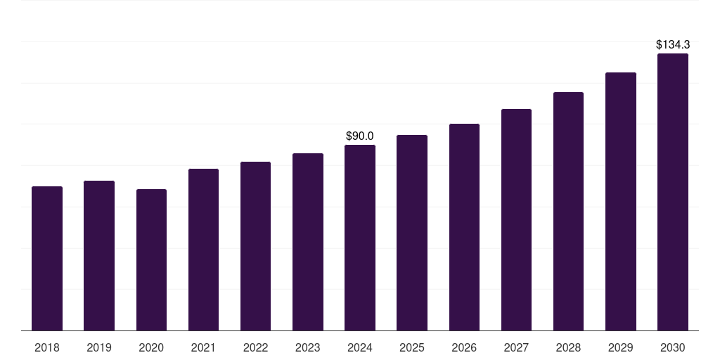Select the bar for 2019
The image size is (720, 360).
pyautogui.click(x=99, y=256)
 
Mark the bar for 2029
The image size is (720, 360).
pyautogui.click(x=621, y=202)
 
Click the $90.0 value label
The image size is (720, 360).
pyautogui.click(x=360, y=136)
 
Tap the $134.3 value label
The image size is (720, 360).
pyautogui.click(x=673, y=45)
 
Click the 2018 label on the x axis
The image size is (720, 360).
pyautogui.click(x=47, y=347)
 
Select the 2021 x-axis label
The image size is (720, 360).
pyautogui.click(x=203, y=347)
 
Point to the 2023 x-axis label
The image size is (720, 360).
pyautogui.click(x=308, y=347)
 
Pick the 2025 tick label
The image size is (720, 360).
pyautogui.click(x=412, y=347)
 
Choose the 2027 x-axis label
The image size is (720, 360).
pyautogui.click(x=516, y=347)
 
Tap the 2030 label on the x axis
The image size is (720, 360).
pyautogui.click(x=673, y=347)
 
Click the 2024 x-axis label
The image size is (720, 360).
pyautogui.click(x=360, y=347)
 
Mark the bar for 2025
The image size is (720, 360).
pyautogui.click(x=412, y=233)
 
